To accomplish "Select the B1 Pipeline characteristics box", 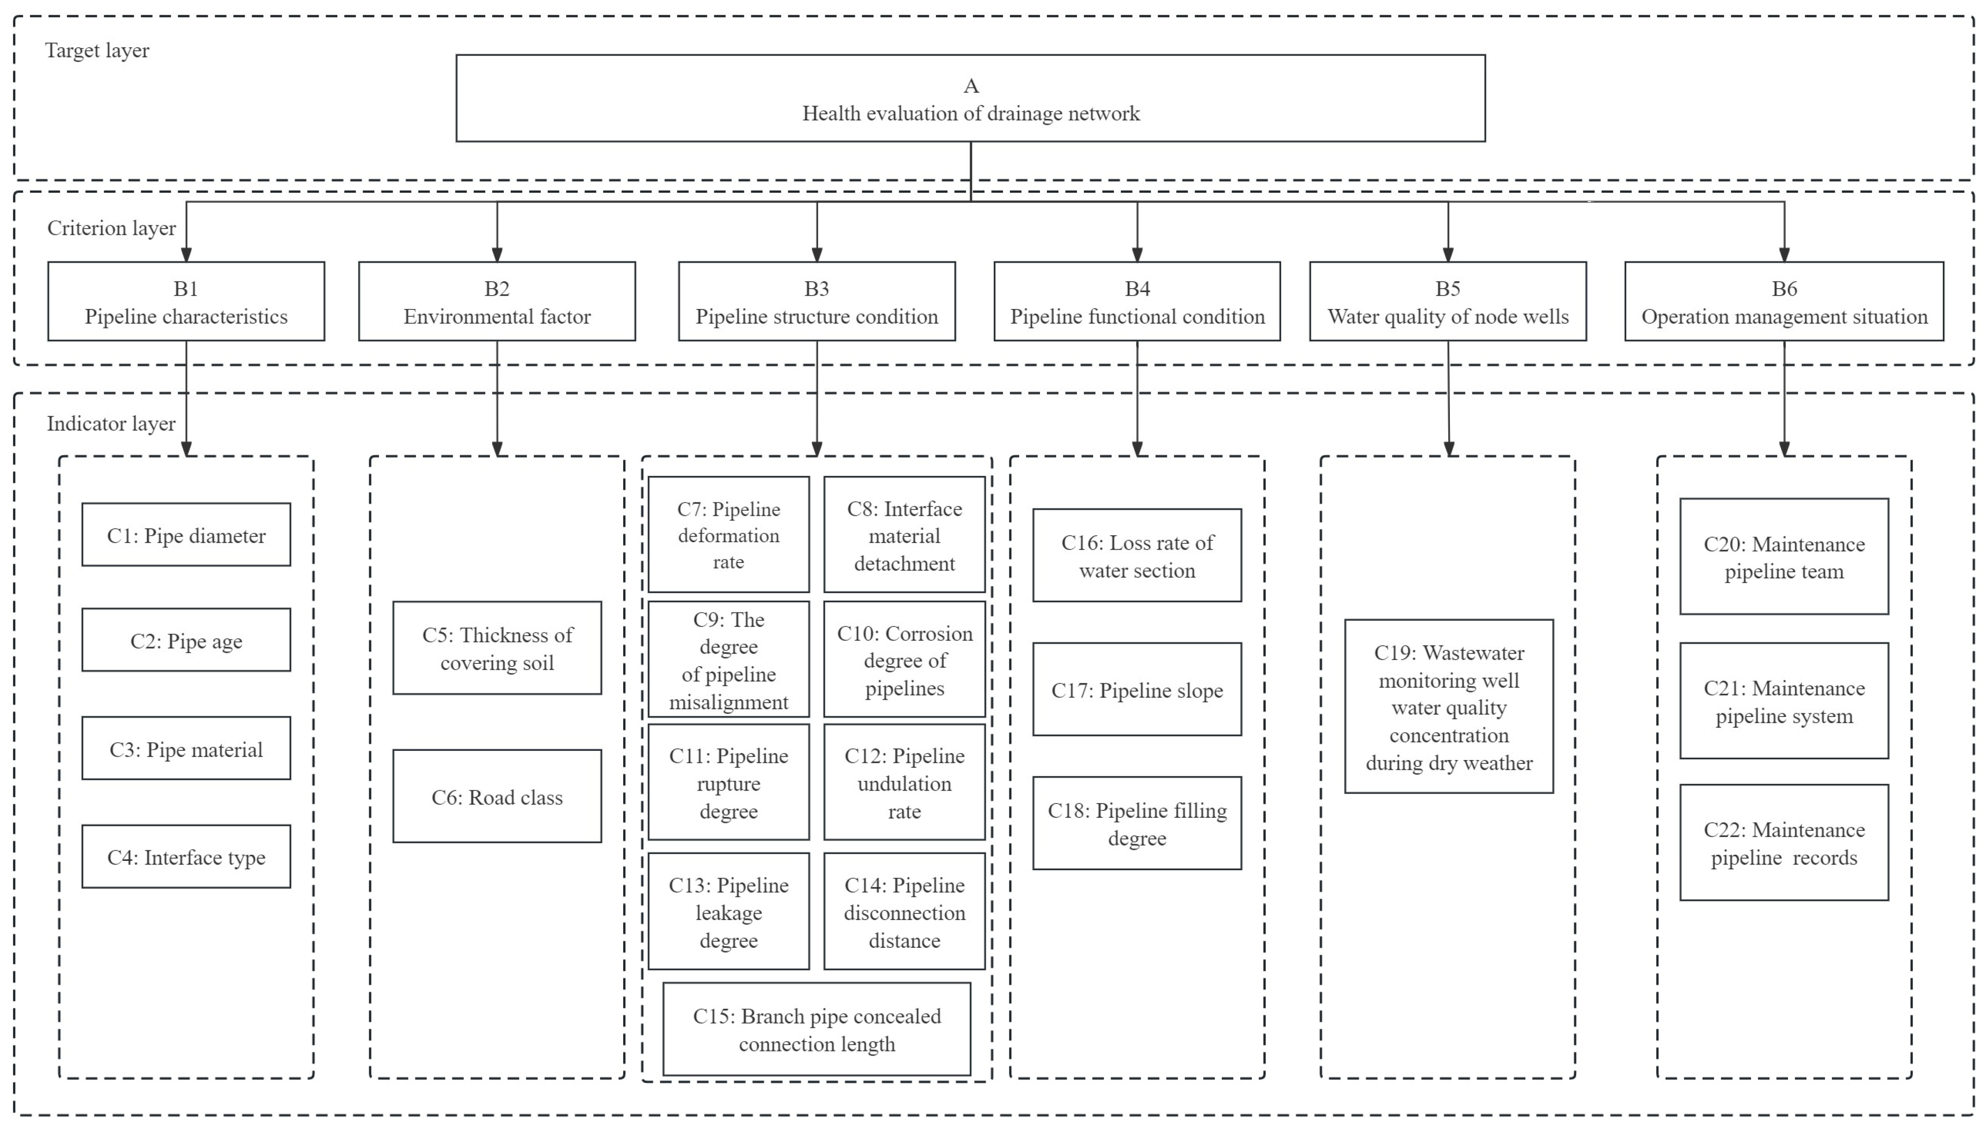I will coord(186,301).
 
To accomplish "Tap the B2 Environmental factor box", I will coord(497,301).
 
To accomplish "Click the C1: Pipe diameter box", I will coord(186,535).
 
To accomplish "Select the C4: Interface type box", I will coord(186,856).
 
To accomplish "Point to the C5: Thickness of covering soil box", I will coord(497,648).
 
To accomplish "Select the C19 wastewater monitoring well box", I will coord(1448,706).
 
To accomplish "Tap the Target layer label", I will coord(97,51).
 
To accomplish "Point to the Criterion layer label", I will coord(111,228).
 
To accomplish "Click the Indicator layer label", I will coord(111,423).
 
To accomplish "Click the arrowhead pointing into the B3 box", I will coord(817,254).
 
